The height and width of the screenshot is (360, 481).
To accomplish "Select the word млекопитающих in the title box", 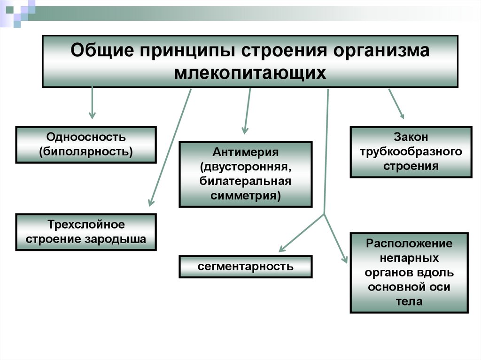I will tap(250, 73).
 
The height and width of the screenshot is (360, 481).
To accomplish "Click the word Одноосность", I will tap(86, 138).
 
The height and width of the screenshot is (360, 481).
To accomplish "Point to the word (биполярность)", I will tap(86, 151).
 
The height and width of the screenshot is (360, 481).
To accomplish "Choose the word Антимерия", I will tap(246, 153).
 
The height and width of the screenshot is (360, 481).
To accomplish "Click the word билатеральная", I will tap(246, 181).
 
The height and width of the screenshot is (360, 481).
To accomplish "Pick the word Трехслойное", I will tap(86, 225).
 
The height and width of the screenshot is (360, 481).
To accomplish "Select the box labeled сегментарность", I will tap(246, 267).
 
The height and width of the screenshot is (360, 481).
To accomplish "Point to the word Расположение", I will tap(409, 244).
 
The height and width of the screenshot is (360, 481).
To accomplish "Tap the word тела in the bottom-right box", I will tap(409, 301).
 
